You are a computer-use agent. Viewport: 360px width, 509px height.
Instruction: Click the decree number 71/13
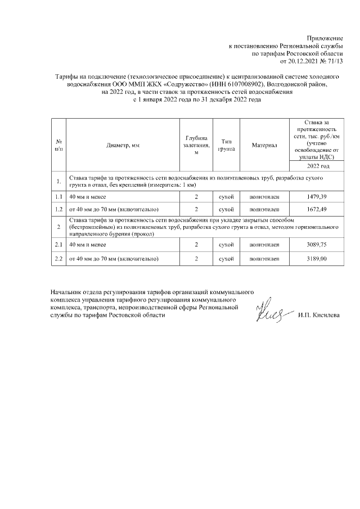334,61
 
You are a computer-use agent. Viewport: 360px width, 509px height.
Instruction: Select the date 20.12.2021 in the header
303,61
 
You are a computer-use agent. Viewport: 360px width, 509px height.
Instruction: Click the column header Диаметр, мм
123,145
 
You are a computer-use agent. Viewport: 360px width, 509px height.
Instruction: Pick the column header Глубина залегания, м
196,145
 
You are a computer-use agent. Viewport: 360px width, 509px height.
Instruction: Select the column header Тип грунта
226,145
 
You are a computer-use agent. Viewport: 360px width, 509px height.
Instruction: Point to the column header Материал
264,145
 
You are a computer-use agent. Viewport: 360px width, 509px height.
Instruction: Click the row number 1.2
58,210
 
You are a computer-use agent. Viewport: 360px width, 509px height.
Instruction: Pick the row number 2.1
58,245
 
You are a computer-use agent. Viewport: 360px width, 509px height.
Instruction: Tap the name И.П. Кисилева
319,316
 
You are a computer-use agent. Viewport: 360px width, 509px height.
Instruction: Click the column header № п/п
58,145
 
